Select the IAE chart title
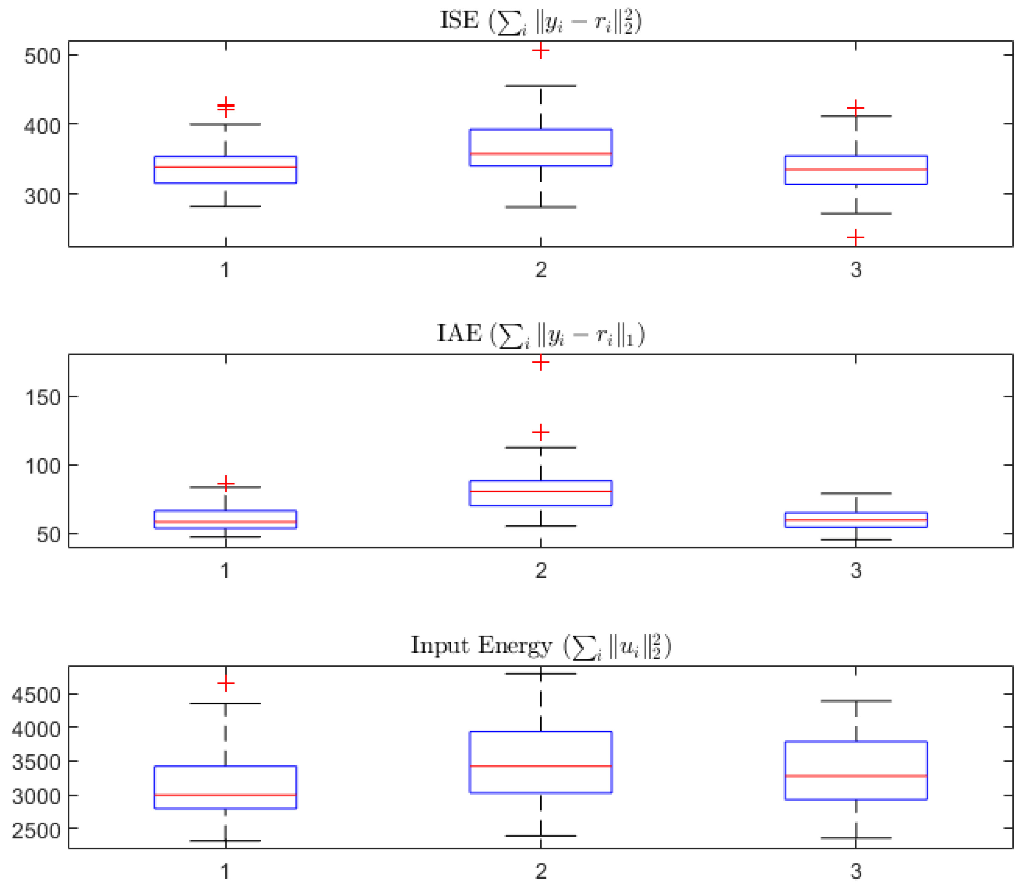(x=540, y=334)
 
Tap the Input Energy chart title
(x=540, y=646)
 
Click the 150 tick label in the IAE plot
(x=43, y=398)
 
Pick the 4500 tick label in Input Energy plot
(x=36, y=695)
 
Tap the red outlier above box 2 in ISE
(x=540, y=51)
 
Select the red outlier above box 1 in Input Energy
(x=226, y=683)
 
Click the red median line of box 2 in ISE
(x=540, y=154)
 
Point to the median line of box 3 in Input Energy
(x=856, y=776)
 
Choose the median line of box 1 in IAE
(x=225, y=521)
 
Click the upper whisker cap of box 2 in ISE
(x=540, y=86)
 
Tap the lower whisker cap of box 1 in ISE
(x=225, y=206)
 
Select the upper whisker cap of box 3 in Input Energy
(x=856, y=701)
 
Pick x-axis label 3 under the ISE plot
(x=856, y=270)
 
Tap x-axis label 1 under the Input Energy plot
(x=225, y=871)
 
